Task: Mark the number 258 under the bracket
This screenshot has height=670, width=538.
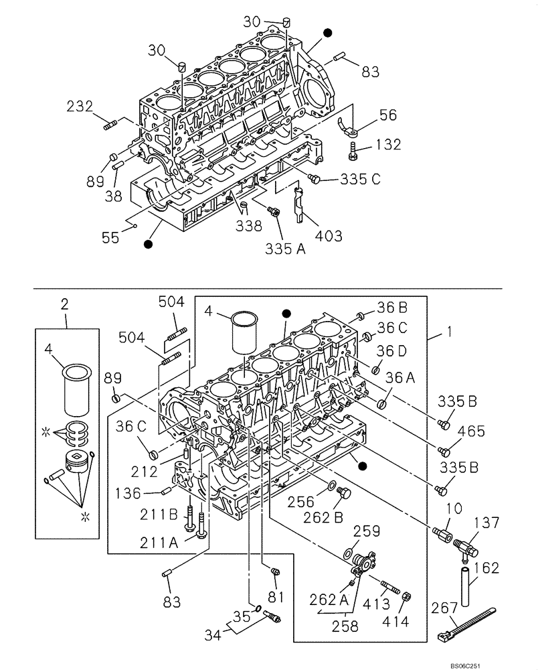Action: click(x=345, y=626)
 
